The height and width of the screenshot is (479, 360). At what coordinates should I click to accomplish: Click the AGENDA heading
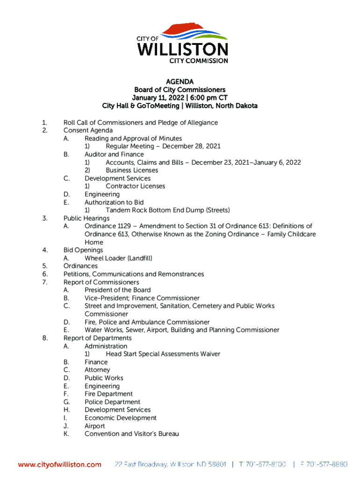pos(180,82)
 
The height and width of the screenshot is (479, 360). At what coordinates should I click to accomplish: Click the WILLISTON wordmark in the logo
pos(182,49)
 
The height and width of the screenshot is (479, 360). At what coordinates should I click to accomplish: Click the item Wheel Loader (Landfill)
pos(118,258)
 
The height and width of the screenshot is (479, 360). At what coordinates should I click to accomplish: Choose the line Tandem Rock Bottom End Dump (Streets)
pos(168,210)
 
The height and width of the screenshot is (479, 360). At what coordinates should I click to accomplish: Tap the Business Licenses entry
pos(132,170)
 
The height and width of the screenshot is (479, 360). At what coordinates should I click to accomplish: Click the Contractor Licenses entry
pos(135,186)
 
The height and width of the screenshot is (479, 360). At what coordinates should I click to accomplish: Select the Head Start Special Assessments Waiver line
pos(163,354)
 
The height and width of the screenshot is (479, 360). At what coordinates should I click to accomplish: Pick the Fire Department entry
pos(108,394)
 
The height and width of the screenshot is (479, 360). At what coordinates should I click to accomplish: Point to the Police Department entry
pos(112,402)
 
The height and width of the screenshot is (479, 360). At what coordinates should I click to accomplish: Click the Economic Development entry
pos(121,418)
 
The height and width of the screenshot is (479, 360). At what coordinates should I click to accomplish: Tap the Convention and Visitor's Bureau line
pos(131,434)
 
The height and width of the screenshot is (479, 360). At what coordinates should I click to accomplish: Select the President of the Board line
pos(117,290)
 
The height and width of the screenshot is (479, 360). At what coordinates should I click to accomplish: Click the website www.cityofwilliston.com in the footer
pos(59,464)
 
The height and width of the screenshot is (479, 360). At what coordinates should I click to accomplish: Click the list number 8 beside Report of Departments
pos(44,338)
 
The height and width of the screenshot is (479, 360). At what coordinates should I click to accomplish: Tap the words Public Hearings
pos(86,218)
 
